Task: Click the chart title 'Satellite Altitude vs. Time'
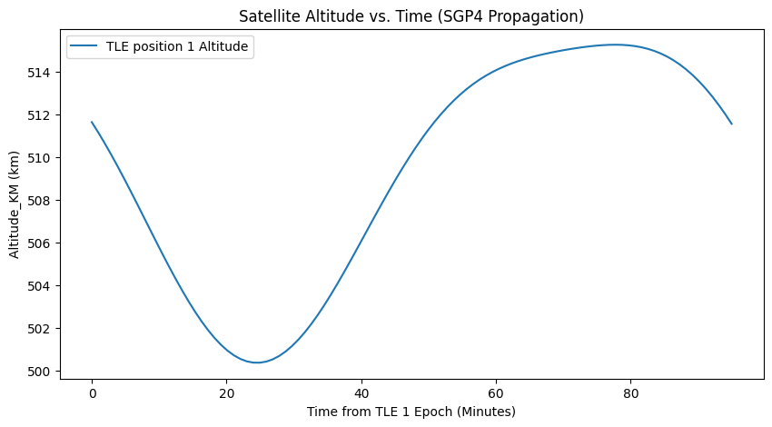411,16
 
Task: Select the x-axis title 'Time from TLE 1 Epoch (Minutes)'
411,412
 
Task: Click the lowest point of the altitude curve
257,362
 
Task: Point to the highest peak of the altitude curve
615,45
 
